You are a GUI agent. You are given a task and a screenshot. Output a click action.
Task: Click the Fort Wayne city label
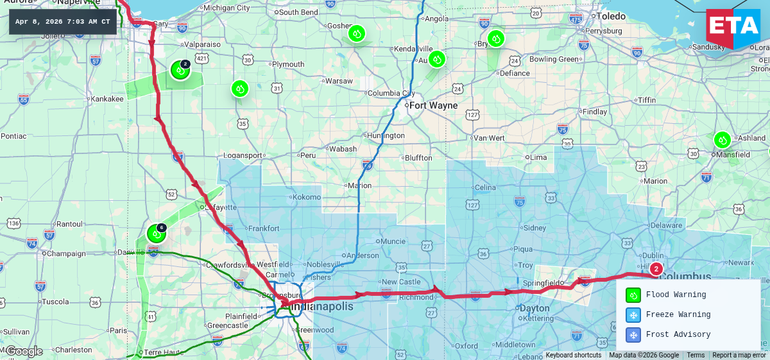[434, 105]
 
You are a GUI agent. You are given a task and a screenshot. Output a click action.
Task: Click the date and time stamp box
[62, 22]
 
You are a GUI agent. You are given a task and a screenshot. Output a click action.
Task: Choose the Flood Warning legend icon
[633, 295]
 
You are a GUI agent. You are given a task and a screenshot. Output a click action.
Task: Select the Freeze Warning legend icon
[633, 315]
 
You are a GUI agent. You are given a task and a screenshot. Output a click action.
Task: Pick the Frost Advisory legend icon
[633, 335]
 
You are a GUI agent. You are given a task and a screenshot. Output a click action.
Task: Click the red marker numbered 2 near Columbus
[656, 269]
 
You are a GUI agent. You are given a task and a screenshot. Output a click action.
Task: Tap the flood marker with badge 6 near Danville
[156, 234]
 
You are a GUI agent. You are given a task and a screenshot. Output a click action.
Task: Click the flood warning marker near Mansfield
[723, 139]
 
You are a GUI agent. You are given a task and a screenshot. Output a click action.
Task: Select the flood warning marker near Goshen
[357, 33]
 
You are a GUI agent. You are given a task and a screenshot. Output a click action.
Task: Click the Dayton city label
[535, 308]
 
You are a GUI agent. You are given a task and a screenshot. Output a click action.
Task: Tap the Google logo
[24, 351]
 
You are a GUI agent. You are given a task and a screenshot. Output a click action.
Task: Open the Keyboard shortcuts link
[573, 356]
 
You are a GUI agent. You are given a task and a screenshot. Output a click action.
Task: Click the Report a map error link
[739, 356]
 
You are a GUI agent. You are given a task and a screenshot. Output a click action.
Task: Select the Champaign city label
[67, 253]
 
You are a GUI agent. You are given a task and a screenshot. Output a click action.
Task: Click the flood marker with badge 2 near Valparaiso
[180, 71]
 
